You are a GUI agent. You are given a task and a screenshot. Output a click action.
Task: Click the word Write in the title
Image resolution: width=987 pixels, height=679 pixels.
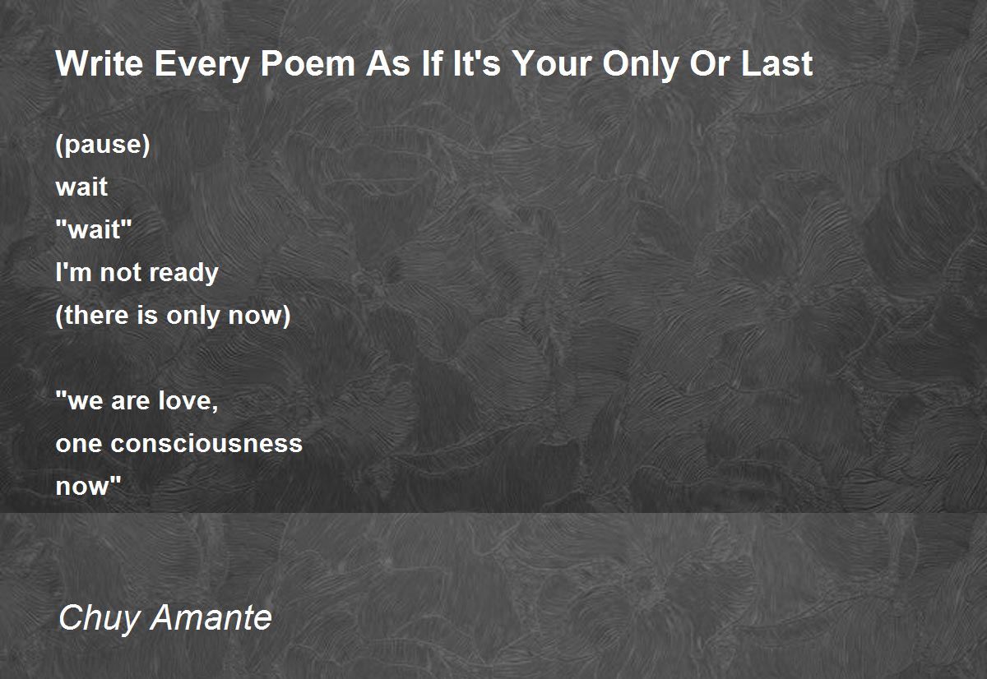(x=100, y=64)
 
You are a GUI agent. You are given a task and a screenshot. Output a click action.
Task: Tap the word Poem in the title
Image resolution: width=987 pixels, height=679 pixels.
(x=308, y=64)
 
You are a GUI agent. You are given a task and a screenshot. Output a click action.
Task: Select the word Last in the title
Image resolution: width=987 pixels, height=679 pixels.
(x=776, y=64)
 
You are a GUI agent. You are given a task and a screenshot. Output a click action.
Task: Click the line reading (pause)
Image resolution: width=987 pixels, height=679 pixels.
(x=103, y=145)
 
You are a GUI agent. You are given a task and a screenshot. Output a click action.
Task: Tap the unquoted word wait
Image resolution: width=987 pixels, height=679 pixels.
(x=81, y=187)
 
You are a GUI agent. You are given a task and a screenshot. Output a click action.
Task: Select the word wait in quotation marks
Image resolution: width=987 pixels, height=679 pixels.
(x=94, y=229)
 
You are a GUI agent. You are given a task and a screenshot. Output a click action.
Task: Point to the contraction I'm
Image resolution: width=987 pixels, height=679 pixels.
(x=73, y=272)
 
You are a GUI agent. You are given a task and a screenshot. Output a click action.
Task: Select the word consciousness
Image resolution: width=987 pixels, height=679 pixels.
(x=206, y=444)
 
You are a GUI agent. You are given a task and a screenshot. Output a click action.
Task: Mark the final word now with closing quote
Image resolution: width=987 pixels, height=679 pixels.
(x=88, y=486)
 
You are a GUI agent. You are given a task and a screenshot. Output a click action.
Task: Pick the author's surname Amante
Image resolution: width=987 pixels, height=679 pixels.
(x=211, y=617)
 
